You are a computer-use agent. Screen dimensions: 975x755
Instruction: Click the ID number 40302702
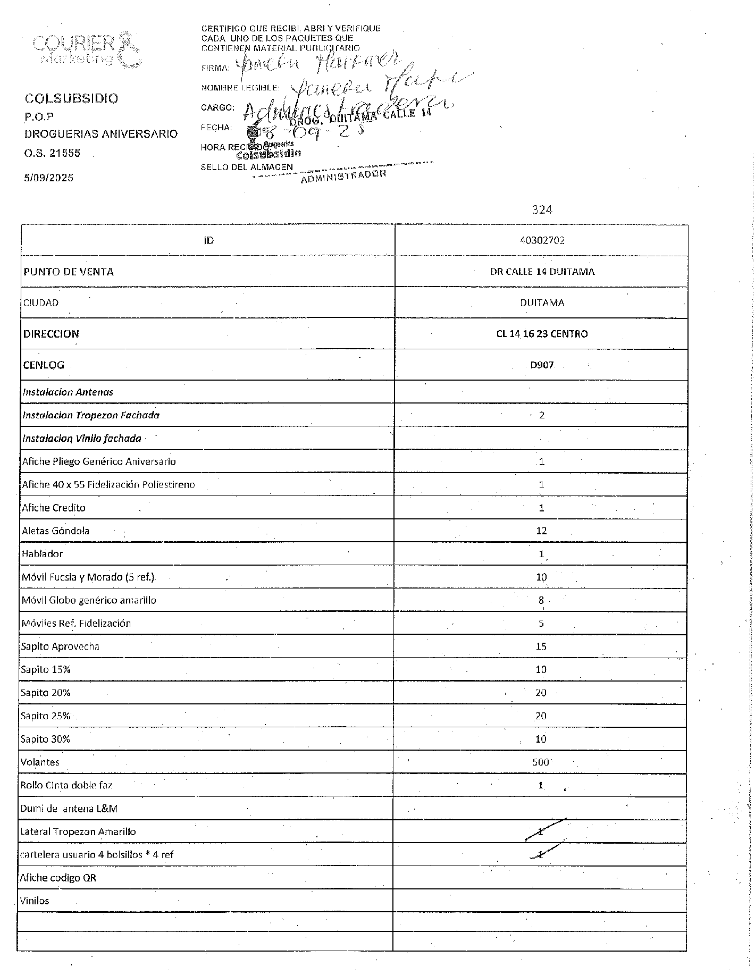click(542, 240)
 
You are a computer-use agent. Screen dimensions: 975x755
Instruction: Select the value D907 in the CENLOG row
click(542, 365)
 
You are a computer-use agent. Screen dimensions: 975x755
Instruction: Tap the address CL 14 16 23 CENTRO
click(542, 334)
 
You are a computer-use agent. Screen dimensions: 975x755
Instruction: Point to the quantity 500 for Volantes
click(541, 762)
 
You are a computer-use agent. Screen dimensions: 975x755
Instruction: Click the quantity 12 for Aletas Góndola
click(541, 531)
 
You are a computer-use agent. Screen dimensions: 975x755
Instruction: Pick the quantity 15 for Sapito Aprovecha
click(541, 646)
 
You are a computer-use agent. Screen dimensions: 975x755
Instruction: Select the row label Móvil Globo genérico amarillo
click(89, 600)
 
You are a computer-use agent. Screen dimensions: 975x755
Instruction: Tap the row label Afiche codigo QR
click(58, 878)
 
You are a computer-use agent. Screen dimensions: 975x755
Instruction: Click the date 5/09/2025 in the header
click(49, 178)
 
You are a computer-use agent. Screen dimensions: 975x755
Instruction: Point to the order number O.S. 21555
click(53, 153)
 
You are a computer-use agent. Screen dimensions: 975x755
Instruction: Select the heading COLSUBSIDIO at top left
click(72, 98)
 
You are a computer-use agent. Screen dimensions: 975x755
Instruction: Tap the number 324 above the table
click(542, 210)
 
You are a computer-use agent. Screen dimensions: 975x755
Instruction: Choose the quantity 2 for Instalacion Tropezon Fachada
click(542, 415)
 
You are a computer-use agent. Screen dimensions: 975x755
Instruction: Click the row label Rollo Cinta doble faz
click(66, 785)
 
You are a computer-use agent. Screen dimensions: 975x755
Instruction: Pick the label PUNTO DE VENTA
click(69, 272)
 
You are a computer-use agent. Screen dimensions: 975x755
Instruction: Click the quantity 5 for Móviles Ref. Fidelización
click(541, 624)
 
